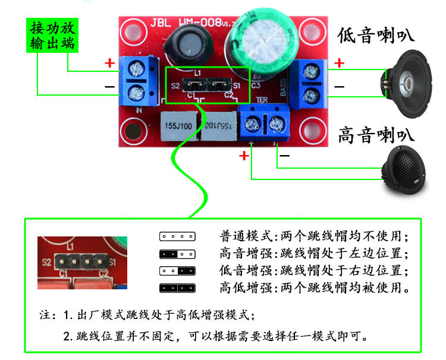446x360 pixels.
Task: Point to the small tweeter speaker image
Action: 410,173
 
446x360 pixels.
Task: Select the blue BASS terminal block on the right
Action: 309,83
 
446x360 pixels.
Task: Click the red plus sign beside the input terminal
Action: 109,62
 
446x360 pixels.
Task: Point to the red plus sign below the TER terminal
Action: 244,156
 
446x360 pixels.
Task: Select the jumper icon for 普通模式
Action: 177,236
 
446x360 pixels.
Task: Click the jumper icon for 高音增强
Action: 177,254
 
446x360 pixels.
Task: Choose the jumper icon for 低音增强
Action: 177,271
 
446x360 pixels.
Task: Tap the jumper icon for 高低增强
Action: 177,288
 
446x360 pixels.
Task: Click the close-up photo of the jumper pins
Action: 83,263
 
